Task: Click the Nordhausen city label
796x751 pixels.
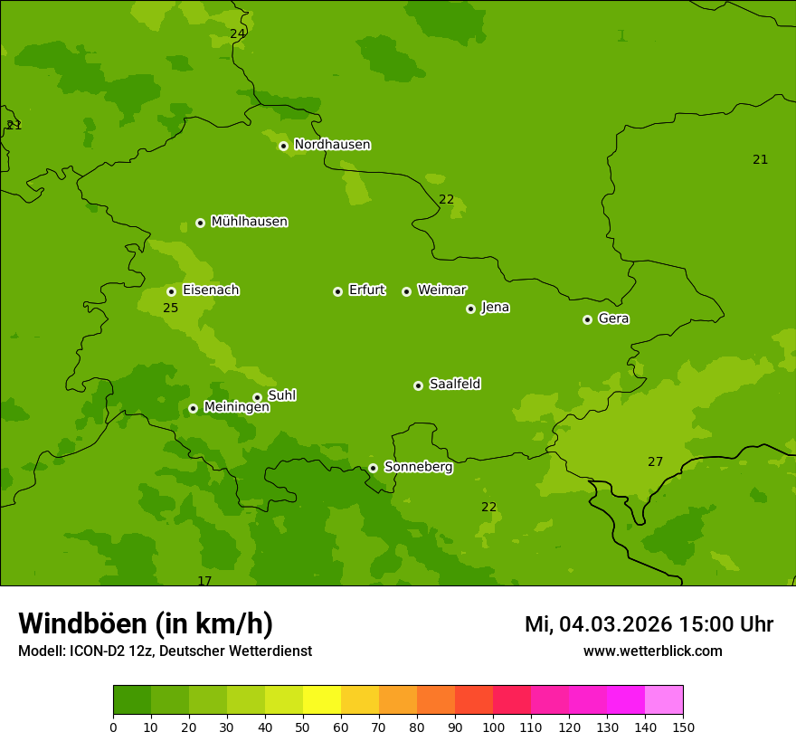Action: pos(332,145)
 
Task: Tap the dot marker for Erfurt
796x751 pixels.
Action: pos(337,291)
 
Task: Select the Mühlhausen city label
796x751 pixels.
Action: pos(249,222)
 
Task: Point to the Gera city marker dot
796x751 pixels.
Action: pos(587,319)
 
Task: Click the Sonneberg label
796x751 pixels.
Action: pos(418,467)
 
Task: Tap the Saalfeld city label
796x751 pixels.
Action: pos(454,385)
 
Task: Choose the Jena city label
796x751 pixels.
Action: pos(495,308)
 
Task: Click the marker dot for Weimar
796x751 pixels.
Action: pos(406,291)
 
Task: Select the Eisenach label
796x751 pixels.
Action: pos(211,290)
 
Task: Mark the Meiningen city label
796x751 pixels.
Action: pos(236,407)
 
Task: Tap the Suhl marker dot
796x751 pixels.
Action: pos(257,397)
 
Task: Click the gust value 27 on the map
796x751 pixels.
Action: pos(655,461)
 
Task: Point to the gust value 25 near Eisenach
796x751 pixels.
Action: pos(170,309)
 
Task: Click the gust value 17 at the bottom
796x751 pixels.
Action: pos(204,581)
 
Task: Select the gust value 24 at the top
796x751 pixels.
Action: pos(237,33)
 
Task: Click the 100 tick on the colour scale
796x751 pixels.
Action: pos(493,727)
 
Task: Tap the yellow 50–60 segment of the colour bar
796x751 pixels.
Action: pos(322,700)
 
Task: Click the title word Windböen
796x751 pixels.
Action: pos(82,623)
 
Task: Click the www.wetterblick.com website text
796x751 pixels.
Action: pos(652,651)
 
